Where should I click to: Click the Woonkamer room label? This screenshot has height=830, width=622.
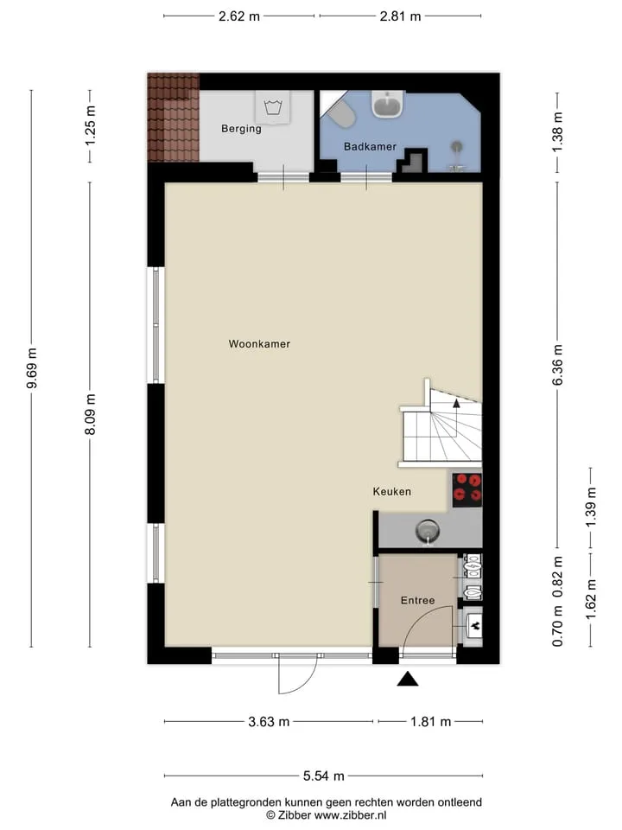tap(259, 344)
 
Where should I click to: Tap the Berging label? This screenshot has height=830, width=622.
tap(241, 129)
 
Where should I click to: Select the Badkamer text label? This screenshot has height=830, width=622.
tap(370, 147)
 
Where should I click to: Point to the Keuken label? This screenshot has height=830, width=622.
tap(392, 492)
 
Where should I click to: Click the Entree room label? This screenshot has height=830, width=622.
tap(418, 600)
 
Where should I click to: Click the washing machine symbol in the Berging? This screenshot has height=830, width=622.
tap(274, 107)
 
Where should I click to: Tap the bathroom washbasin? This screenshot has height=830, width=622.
tap(389, 103)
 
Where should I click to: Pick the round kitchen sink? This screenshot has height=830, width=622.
tap(428, 530)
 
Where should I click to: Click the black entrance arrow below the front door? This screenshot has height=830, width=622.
tap(408, 679)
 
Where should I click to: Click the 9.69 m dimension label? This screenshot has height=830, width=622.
tap(32, 368)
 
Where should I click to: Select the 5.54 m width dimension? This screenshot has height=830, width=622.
tap(324, 776)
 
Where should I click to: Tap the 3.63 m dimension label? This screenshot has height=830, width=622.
tap(270, 721)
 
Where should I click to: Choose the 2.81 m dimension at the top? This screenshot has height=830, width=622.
tap(400, 16)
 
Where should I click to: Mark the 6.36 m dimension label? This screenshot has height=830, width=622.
tap(557, 365)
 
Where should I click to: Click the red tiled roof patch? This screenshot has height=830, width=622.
tap(173, 118)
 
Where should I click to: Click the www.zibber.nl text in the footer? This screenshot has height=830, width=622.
tap(350, 815)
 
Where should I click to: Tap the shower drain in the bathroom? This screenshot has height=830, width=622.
tap(456, 147)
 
